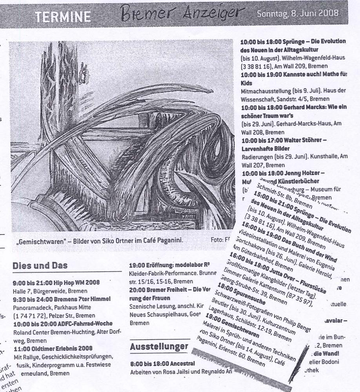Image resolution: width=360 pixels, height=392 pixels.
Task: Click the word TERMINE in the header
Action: click(x=63, y=17)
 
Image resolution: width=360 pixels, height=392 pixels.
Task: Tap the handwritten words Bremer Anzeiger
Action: click(x=182, y=15)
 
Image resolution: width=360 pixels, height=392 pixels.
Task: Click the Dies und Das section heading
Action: click(x=40, y=265)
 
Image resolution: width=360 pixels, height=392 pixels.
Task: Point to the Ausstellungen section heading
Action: click(x=159, y=347)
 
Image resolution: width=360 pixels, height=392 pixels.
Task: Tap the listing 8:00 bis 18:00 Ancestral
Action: click(x=159, y=364)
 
